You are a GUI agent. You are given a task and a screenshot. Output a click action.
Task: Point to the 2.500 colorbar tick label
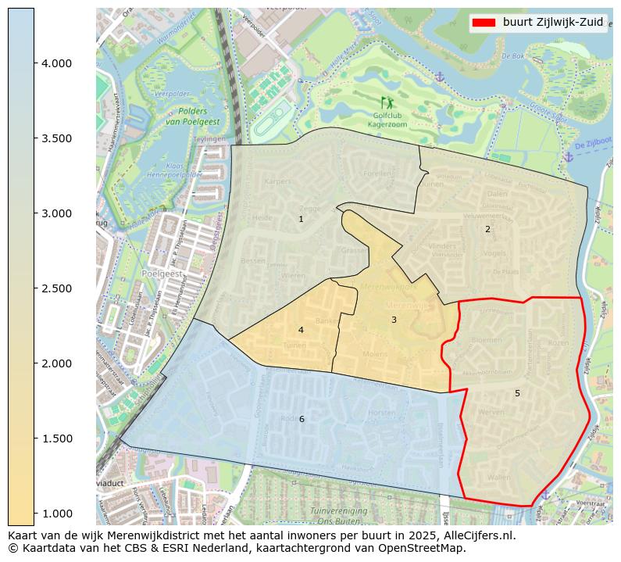point(57,288)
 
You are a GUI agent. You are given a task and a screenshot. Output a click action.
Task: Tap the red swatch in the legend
point(484,23)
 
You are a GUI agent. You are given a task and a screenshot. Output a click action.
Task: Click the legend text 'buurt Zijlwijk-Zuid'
point(552,23)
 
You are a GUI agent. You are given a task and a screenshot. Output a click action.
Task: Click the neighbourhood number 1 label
point(301,220)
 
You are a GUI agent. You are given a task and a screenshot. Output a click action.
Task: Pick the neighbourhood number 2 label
point(487,229)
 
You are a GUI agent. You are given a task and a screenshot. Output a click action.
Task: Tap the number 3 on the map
point(394,320)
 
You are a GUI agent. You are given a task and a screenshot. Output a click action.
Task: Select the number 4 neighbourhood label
point(301,330)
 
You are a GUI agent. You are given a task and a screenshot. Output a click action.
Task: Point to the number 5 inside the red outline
point(517,393)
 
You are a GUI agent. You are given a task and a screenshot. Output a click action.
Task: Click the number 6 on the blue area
point(302,420)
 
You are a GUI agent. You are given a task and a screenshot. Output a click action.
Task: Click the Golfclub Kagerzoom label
point(387,120)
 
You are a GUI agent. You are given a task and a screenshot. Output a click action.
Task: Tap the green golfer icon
point(387,102)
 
